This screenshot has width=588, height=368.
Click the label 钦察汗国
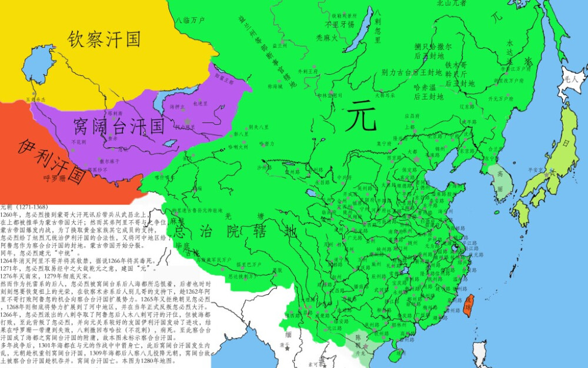(x=104, y=39)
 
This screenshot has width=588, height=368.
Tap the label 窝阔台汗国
(x=119, y=125)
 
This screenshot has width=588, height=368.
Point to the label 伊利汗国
(x=52, y=160)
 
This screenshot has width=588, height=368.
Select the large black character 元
(x=361, y=115)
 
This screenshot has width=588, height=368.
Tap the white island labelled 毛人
(x=571, y=77)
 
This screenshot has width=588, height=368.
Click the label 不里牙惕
(x=340, y=25)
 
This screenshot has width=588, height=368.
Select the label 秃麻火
(x=327, y=38)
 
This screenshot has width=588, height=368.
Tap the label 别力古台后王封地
(x=412, y=73)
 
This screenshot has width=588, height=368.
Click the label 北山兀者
(x=452, y=3)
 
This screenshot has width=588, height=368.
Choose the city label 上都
(x=409, y=127)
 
